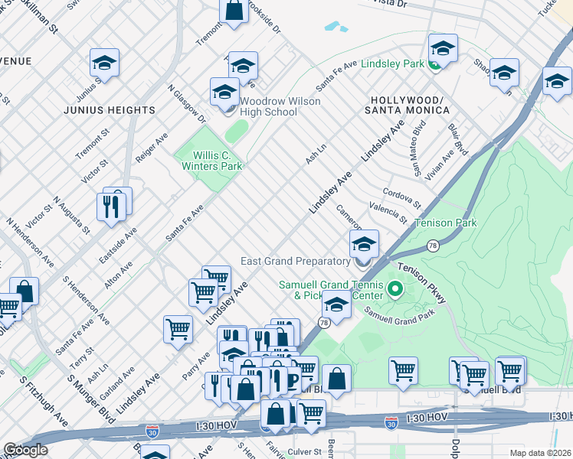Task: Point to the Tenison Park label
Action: point(445,223)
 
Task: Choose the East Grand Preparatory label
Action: point(295,261)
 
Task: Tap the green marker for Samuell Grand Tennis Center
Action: point(395,289)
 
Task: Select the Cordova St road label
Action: point(403,197)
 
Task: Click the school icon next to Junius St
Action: point(105,63)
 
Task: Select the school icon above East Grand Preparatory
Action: point(365,244)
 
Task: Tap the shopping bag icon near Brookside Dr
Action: point(234,11)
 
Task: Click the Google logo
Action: point(25,450)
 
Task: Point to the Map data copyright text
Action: point(539,453)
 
